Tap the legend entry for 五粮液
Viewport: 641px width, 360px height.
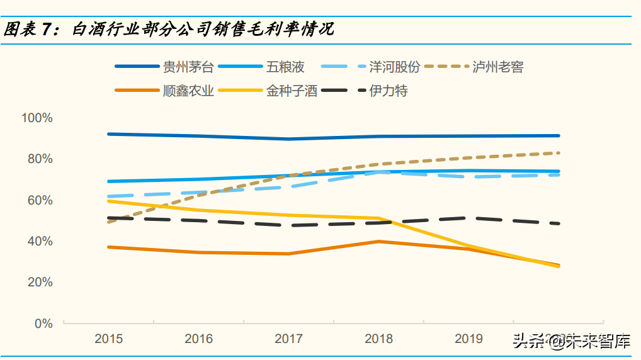285,67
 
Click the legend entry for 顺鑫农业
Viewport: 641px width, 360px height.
188,91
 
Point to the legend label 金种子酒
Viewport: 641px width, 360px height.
292,91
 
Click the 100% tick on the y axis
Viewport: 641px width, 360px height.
37,118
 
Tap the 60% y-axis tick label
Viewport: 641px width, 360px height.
40,200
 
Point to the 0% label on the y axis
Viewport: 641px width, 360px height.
43,323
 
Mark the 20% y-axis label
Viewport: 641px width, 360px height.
40,283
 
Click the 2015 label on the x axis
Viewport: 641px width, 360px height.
109,339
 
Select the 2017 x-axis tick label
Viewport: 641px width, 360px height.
289,339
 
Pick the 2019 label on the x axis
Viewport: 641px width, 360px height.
469,339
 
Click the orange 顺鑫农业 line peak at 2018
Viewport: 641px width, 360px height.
378,241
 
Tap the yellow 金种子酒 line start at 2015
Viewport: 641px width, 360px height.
109,201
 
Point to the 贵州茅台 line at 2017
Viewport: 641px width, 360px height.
289,138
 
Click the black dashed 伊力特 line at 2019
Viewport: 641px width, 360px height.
469,218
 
